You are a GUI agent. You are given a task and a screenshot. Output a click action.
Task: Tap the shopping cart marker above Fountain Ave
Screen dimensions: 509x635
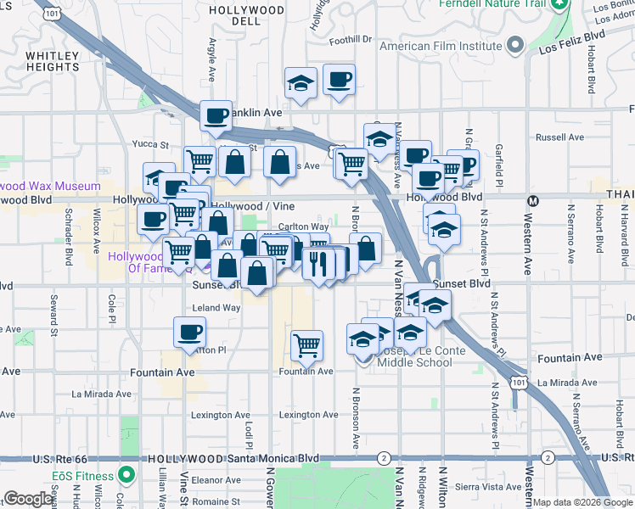point(306,344)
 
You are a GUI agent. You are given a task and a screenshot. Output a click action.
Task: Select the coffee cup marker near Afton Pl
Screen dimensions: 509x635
point(190,332)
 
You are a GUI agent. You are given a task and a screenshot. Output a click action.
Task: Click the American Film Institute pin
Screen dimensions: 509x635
point(514,44)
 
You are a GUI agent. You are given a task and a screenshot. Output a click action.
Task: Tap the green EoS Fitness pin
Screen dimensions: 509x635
point(127,474)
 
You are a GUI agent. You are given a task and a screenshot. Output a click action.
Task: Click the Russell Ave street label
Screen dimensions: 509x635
point(559,137)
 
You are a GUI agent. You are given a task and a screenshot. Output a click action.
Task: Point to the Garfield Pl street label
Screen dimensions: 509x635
point(500,165)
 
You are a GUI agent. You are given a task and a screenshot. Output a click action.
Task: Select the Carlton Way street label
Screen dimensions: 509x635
point(303,227)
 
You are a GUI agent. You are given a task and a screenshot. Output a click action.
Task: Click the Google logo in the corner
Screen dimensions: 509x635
point(29,499)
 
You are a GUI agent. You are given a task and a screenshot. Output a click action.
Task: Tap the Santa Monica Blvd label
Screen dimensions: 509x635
point(277,458)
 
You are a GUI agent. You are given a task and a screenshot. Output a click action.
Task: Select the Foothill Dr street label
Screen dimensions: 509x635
point(351,39)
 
